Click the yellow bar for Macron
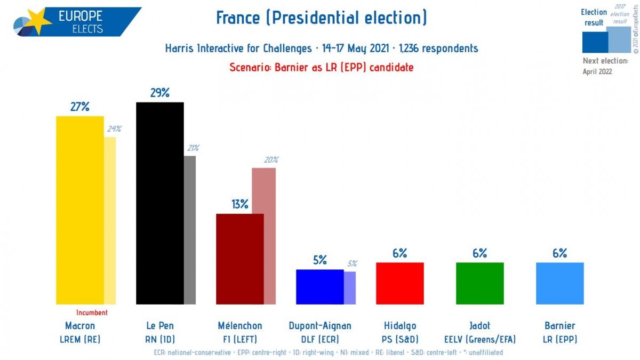coord(80,210)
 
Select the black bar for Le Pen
coord(160,203)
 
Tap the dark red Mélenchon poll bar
coord(239,259)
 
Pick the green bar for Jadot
coord(480,283)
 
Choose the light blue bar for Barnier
coord(559,283)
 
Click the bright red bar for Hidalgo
coord(400,283)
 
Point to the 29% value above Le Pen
coord(160,93)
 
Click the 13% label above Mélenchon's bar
coord(240,204)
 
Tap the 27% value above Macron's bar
coord(80,107)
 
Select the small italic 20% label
coord(271,159)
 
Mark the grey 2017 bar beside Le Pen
coord(190,230)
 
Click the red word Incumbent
coord(92,313)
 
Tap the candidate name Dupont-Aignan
coord(320,326)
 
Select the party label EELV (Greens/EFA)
coord(480,339)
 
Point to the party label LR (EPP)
coord(559,339)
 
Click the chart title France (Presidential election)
coord(322,18)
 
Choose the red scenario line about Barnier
coord(322,67)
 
